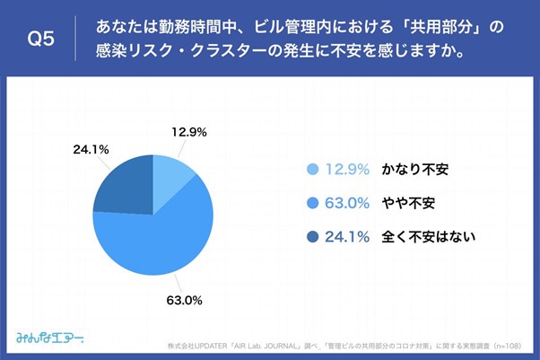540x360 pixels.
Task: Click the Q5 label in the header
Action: click(43, 39)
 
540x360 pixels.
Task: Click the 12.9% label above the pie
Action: click(188, 132)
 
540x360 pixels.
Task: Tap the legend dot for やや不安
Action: click(313, 203)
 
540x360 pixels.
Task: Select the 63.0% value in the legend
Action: click(349, 203)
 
